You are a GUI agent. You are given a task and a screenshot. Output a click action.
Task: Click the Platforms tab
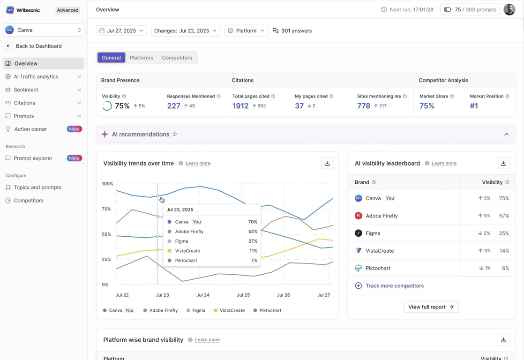coord(141,58)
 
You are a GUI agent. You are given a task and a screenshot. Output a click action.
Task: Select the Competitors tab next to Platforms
coord(177,58)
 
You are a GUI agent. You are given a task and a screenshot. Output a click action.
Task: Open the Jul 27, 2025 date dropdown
coord(122,30)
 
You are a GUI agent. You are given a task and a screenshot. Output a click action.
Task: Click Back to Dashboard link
coord(38,46)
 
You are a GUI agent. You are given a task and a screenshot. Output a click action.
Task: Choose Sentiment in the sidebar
coord(26,90)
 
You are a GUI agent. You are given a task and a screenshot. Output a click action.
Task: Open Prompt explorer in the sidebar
coord(33,158)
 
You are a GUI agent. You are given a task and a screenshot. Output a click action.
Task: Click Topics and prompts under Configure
coord(37,187)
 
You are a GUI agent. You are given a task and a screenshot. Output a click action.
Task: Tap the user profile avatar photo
coord(509,9)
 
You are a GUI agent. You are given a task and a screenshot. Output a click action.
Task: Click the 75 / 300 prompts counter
coord(470,9)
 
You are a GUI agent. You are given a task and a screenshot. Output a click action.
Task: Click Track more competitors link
coord(394,285)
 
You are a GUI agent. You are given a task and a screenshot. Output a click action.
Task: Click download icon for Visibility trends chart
coord(327,163)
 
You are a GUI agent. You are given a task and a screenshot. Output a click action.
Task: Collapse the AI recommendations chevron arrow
coord(506,135)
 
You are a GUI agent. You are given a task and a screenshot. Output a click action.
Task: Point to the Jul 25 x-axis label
coord(243,295)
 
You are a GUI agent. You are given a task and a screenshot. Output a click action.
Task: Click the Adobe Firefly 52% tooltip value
coord(253,232)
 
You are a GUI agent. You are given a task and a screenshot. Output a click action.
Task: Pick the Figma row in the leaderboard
coord(373,233)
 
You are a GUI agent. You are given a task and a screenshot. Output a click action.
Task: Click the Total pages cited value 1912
coord(240,106)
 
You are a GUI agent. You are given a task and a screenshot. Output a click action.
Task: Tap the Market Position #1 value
coord(474,106)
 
